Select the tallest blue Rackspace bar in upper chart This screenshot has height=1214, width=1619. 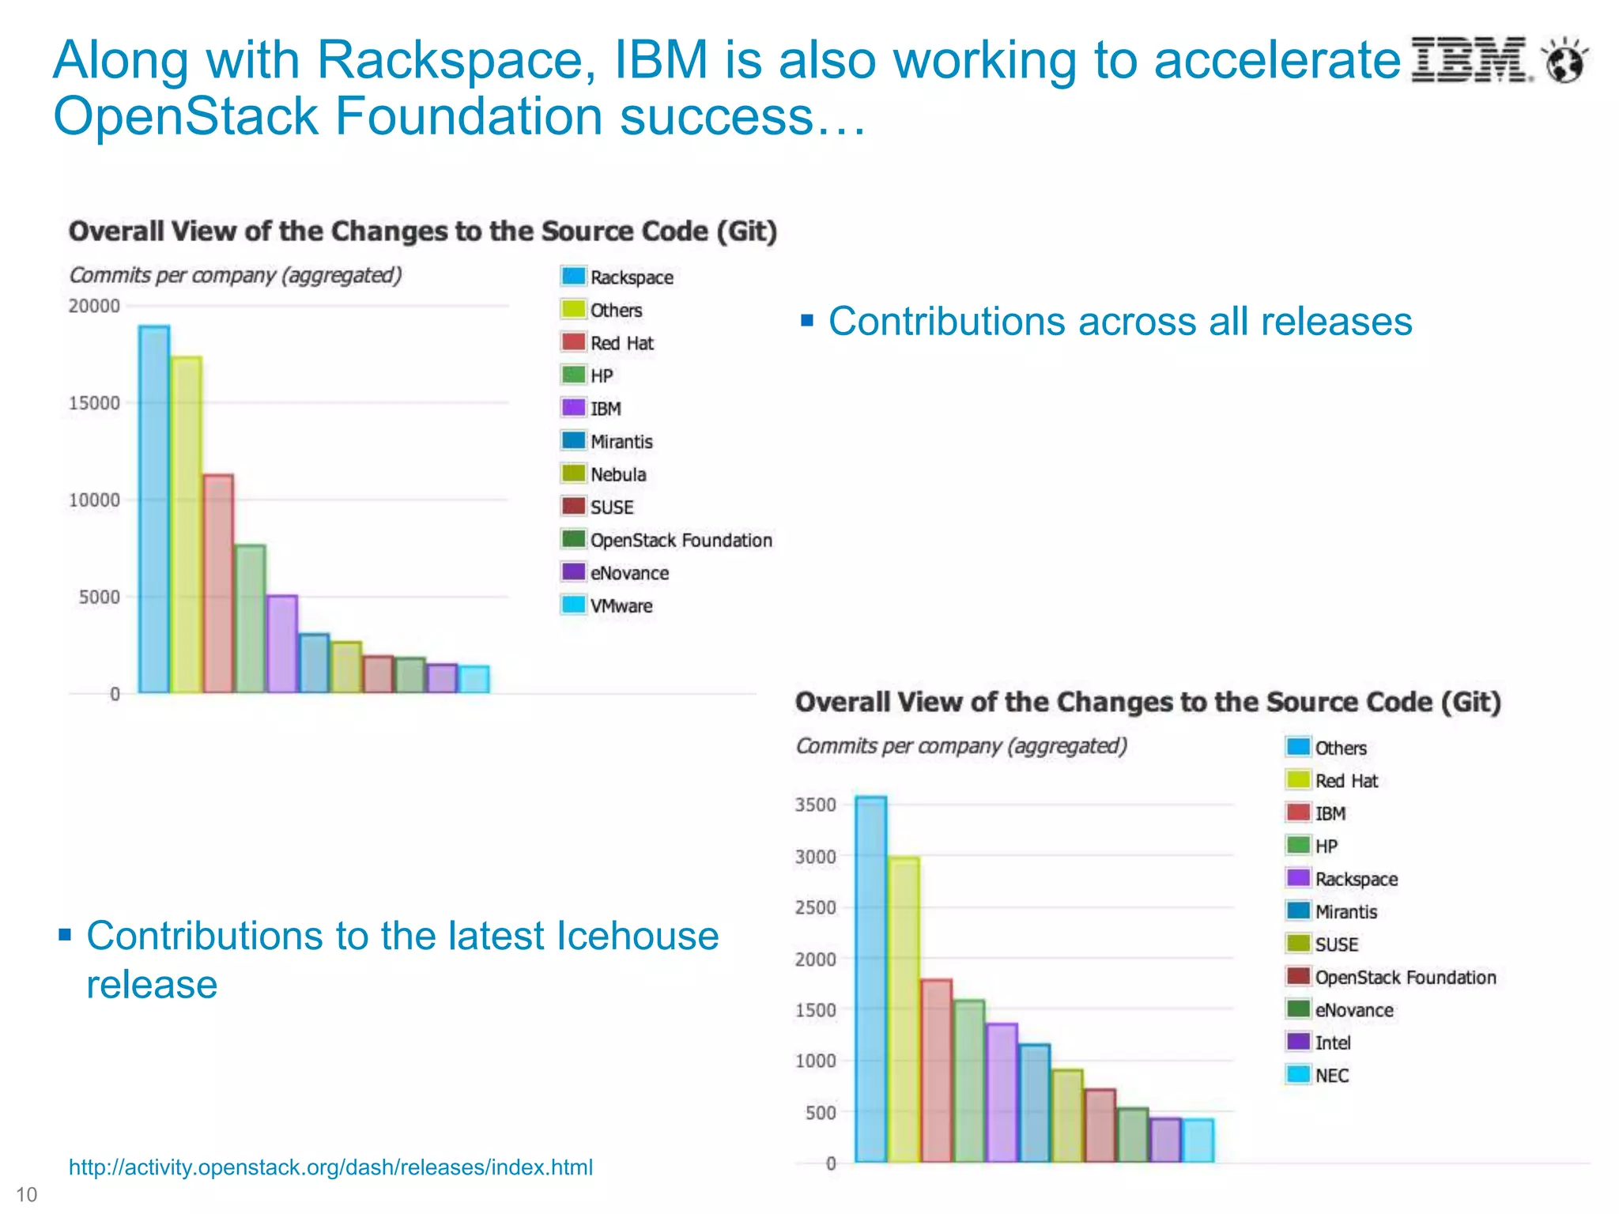pos(154,509)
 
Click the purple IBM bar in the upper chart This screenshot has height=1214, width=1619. pos(282,644)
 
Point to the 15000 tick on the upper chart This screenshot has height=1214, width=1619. pos(94,403)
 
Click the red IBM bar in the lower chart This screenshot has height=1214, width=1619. pos(937,1070)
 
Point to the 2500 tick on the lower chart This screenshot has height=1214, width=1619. pos(815,907)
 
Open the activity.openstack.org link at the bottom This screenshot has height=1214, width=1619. pos(330,1167)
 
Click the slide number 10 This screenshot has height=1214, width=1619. pos(26,1194)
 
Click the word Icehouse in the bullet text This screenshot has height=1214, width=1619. pos(638,936)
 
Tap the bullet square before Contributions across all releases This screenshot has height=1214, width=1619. pos(807,320)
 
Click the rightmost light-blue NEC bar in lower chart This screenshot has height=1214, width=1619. pos(1198,1140)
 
